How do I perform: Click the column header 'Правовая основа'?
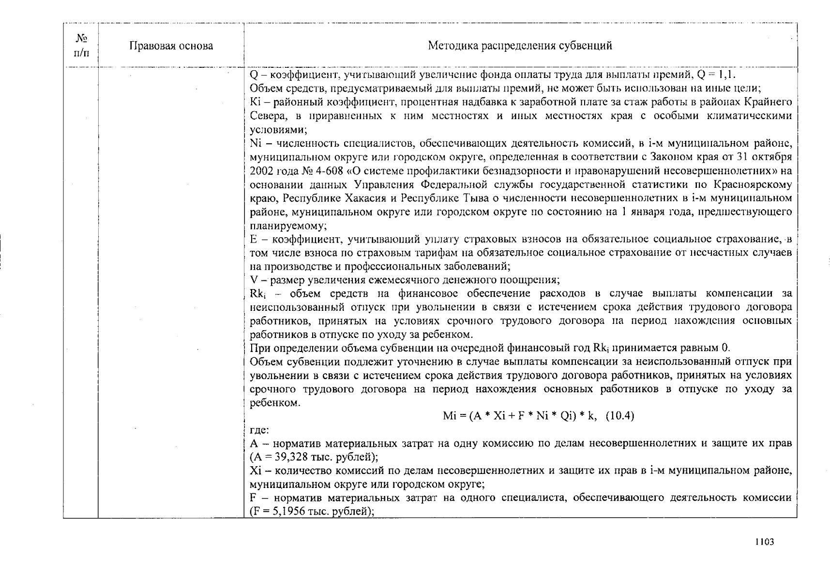[x=171, y=46]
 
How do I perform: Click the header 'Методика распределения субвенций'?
[x=520, y=46]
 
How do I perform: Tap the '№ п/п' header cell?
[x=81, y=45]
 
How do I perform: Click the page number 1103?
[x=765, y=542]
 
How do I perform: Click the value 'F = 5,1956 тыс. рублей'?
[x=311, y=511]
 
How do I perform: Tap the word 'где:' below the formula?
[x=259, y=430]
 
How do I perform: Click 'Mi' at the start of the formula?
[x=450, y=416]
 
